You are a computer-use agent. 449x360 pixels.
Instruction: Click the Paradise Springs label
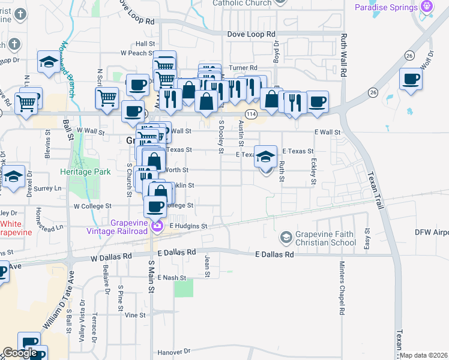tap(385, 7)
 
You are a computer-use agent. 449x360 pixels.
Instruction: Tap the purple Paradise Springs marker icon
tap(427, 7)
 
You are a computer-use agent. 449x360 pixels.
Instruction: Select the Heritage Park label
tap(85, 172)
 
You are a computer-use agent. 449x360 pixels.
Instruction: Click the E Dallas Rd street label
tap(274, 254)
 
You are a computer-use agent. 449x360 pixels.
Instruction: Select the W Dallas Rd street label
tap(110, 257)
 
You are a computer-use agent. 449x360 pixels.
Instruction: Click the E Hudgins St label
tap(188, 226)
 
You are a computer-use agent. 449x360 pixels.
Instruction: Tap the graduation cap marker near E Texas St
tap(266, 156)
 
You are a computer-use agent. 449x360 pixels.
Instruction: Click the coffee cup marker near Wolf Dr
tap(411, 79)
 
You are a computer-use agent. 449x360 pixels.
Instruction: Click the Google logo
tap(20, 353)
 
